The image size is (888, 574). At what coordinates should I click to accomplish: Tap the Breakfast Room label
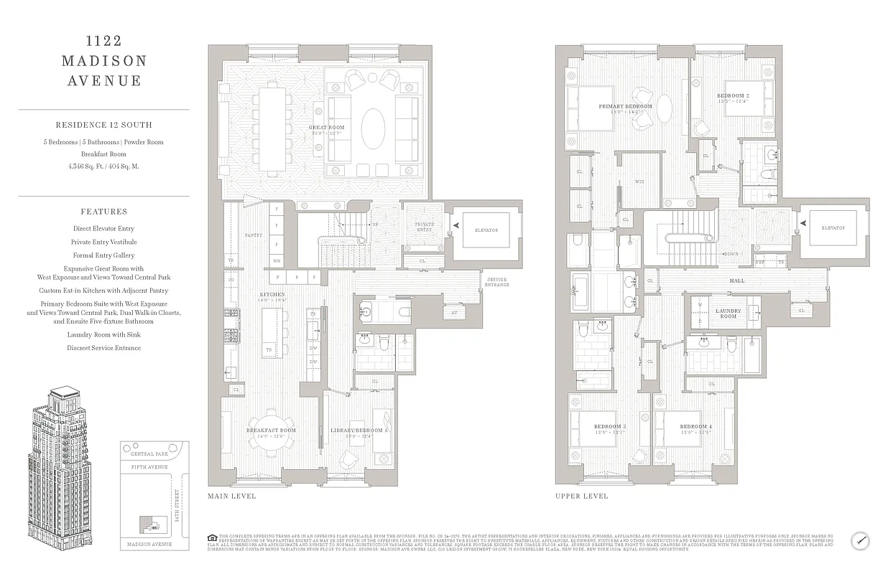coord(271,430)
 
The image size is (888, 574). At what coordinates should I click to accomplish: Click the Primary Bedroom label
coord(625,106)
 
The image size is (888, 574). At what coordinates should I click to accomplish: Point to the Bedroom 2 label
coord(733,95)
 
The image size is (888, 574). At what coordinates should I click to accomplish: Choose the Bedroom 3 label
coord(610,426)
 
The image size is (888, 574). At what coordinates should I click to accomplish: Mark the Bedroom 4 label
coord(695,426)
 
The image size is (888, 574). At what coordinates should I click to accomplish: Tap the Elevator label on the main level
coord(486,230)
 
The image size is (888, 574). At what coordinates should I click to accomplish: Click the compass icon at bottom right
coord(861,540)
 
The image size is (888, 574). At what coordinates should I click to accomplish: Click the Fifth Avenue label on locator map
coord(149,467)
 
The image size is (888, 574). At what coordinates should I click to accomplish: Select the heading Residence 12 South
coord(103,125)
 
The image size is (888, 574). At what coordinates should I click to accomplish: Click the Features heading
coord(103,212)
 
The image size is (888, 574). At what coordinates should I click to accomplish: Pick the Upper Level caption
coord(581,496)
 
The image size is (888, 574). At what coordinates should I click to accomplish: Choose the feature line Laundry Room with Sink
coord(103,334)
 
